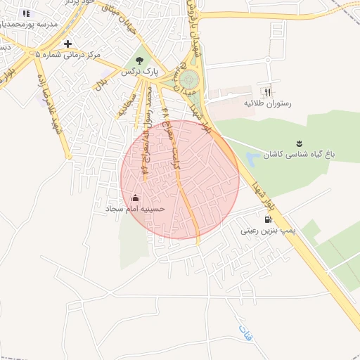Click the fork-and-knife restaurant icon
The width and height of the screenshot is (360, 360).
267,91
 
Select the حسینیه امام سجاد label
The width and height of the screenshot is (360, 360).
136,209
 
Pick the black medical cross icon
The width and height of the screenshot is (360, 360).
67,44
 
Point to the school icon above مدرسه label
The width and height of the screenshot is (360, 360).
26,13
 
